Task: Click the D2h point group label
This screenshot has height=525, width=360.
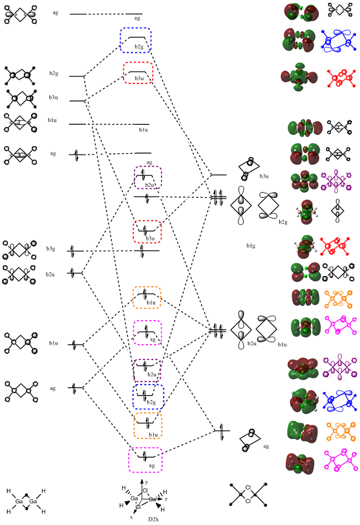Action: click(x=153, y=519)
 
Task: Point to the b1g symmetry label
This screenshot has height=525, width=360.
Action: click(x=251, y=246)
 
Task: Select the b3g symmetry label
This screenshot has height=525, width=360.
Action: click(x=50, y=249)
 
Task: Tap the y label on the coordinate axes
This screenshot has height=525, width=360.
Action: click(x=147, y=482)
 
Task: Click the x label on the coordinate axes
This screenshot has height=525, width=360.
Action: click(x=131, y=517)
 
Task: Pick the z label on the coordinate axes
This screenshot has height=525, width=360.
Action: click(x=166, y=499)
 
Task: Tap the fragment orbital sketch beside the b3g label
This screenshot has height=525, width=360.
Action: click(x=19, y=250)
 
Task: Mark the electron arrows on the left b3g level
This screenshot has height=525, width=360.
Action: click(x=73, y=251)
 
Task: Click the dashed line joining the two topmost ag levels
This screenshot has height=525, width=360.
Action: click(x=106, y=14)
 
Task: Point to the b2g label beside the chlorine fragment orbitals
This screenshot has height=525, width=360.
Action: click(x=283, y=222)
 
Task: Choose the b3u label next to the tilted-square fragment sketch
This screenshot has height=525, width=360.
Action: click(x=264, y=176)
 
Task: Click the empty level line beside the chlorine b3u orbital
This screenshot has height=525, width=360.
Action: click(x=219, y=175)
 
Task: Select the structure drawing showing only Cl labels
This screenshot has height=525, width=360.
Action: click(x=248, y=494)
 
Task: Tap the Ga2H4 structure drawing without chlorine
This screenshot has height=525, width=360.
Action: click(x=26, y=501)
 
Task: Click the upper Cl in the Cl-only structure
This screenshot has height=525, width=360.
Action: click(x=248, y=487)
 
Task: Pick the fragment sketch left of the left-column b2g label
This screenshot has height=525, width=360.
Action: click(x=20, y=76)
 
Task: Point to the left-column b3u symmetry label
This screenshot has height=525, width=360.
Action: click(x=53, y=98)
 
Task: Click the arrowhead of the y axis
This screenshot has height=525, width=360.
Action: click(x=142, y=481)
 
